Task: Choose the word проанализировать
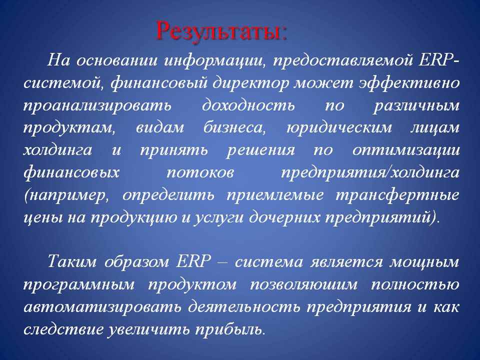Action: point(97,106)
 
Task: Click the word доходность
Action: point(248,105)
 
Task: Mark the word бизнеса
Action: point(235,127)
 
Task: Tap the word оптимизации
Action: point(406,150)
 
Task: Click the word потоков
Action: point(200,172)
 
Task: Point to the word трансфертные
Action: point(397,195)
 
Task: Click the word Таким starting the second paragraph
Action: point(72,262)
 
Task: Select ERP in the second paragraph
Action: point(194,262)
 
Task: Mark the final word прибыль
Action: point(229,329)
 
